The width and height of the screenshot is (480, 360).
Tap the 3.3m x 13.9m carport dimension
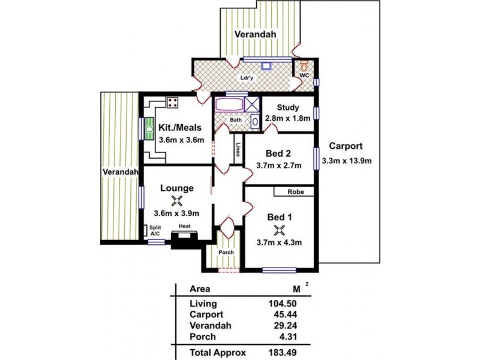click(347, 160)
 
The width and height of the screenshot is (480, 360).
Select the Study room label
click(288, 108)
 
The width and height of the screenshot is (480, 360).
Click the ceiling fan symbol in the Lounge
click(176, 200)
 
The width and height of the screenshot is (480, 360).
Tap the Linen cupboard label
click(238, 150)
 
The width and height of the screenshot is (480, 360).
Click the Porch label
click(226, 252)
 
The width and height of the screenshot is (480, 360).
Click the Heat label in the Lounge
click(185, 227)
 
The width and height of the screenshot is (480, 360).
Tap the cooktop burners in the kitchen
click(173, 103)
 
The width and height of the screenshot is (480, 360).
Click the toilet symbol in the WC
click(304, 65)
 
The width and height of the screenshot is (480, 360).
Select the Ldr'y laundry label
click(246, 77)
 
